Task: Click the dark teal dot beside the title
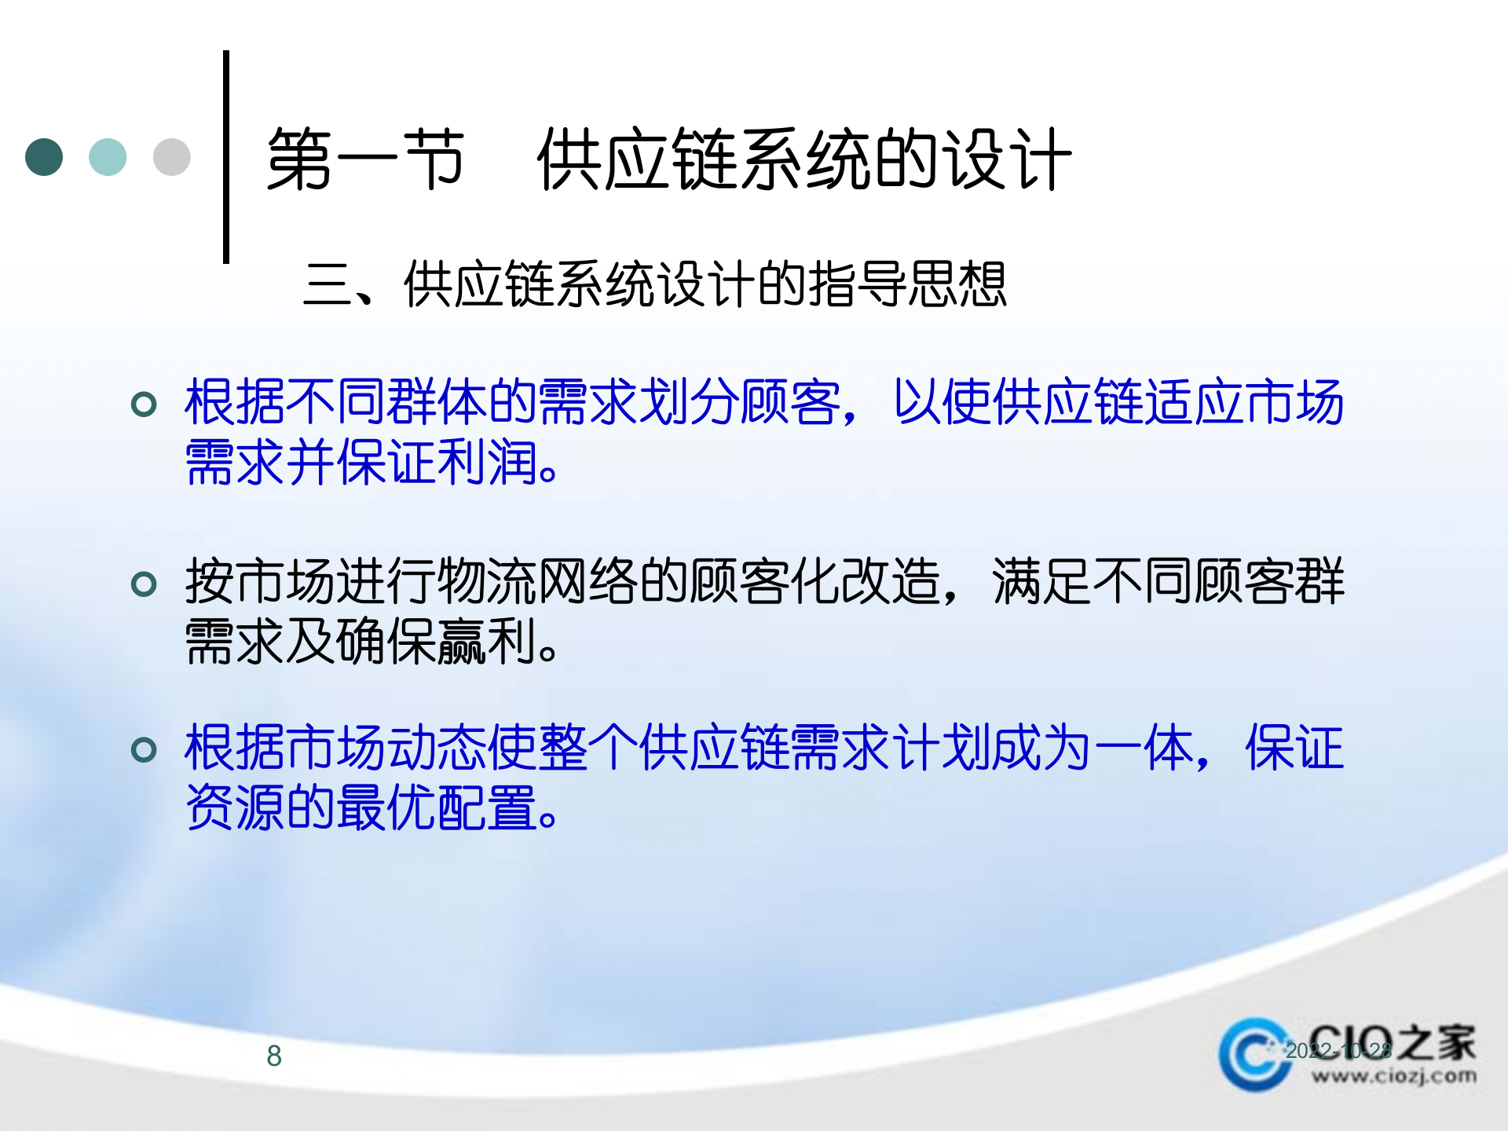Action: (x=44, y=157)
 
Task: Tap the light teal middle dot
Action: (x=108, y=157)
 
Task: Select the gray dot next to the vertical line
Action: (x=171, y=157)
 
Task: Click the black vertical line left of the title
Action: (x=226, y=157)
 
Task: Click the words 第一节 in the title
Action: (x=365, y=159)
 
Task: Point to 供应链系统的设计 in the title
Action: (x=803, y=159)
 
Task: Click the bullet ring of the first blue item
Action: (x=144, y=404)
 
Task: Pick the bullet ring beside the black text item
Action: (x=144, y=584)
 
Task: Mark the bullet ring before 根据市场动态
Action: (x=144, y=749)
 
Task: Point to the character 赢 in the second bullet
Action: (x=462, y=642)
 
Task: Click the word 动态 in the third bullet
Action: (x=437, y=748)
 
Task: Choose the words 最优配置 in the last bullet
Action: (x=437, y=807)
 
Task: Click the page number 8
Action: (x=274, y=1056)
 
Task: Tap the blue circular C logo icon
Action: (x=1254, y=1055)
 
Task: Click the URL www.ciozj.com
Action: (x=1393, y=1076)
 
